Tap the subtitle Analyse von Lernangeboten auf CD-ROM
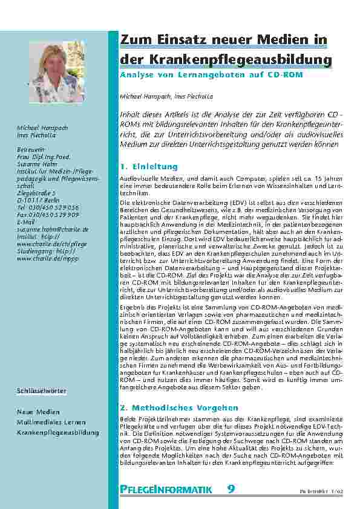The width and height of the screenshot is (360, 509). [215, 77]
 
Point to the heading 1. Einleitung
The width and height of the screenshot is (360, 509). [149, 166]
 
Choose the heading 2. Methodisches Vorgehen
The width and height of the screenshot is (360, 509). [179, 408]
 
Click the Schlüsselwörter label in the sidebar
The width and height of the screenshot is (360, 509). [41, 392]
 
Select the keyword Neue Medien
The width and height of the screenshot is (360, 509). [38, 412]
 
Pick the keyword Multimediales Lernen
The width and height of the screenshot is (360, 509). [51, 423]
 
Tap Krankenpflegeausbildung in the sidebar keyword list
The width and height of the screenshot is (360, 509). [57, 433]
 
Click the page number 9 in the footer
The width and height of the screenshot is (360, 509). [231, 490]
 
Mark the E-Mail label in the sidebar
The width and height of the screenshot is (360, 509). [27, 222]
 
